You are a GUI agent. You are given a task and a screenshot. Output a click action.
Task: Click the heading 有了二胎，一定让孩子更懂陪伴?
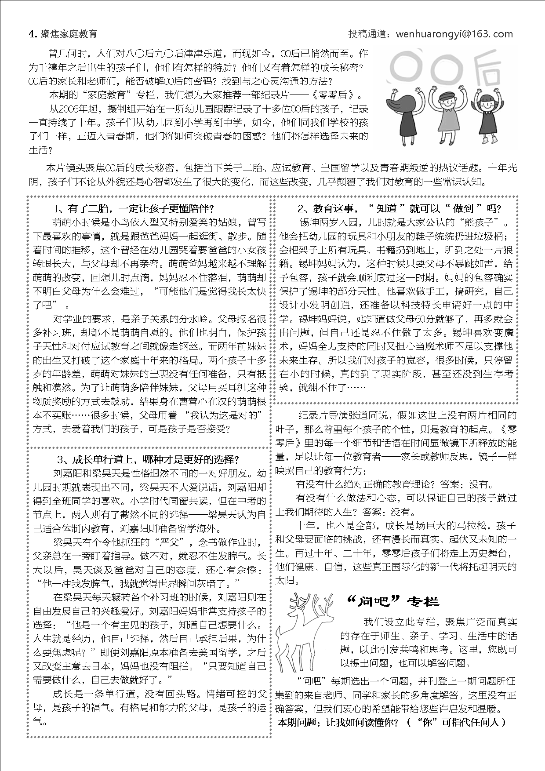tap(134, 208)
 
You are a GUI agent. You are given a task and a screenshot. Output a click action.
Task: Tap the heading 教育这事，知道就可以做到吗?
tap(399, 208)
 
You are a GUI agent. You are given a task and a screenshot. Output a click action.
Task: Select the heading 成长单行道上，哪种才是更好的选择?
tap(149, 460)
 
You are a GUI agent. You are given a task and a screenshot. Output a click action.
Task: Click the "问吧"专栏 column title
tap(392, 601)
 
